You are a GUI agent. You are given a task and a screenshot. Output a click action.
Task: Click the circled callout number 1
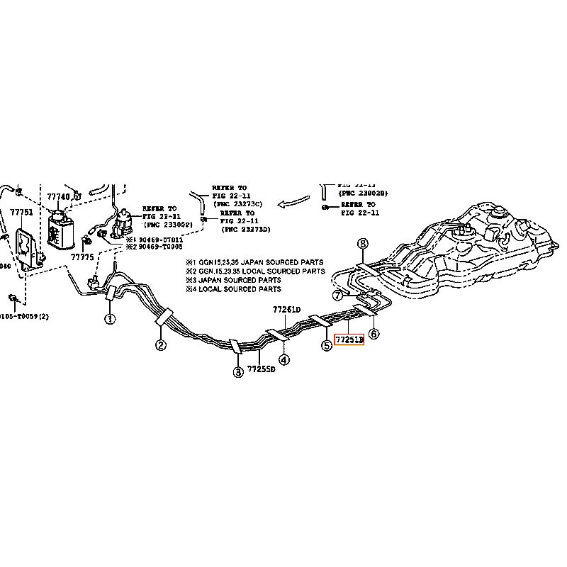pos(110,320)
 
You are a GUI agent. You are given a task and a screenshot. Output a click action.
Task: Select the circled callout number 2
pos(162,346)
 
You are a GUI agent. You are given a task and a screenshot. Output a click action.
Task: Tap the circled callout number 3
pos(238,371)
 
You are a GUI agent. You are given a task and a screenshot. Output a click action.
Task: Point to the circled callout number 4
pos(283,360)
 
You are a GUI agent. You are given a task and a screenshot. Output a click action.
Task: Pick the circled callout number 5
pos(326,346)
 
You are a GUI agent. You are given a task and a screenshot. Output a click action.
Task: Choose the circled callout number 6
pos(374,334)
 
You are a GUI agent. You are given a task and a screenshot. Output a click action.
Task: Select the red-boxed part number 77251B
pos(349,341)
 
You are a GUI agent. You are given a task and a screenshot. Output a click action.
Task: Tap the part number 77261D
pos(287,310)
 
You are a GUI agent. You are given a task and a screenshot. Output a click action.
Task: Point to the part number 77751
pos(21,212)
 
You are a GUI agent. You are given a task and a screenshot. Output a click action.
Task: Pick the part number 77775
pos(82,257)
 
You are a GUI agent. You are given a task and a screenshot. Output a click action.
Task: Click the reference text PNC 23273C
pos(237,203)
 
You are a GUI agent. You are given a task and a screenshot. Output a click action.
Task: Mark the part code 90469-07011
pos(159,240)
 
